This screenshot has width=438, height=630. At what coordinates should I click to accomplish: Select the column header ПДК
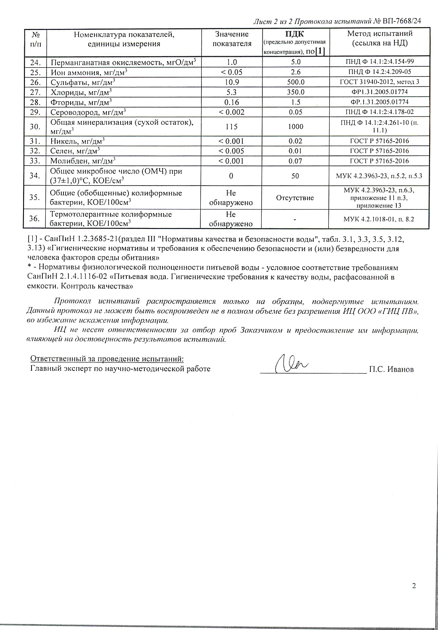295,34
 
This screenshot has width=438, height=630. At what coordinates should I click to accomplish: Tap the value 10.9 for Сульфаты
232,82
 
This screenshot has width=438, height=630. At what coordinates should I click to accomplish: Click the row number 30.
35,126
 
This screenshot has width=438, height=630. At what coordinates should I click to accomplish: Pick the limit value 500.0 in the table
296,82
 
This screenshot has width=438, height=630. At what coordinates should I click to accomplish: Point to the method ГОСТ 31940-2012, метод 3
379,82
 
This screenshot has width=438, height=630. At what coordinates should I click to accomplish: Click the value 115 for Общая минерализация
231,126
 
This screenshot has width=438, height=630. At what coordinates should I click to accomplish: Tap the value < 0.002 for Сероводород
231,112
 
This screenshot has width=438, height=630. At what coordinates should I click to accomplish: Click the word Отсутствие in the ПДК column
295,198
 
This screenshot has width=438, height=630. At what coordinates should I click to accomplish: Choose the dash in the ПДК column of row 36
295,219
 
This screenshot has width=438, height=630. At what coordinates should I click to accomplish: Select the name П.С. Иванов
391,369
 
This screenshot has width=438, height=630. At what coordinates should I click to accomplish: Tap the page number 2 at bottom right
414,586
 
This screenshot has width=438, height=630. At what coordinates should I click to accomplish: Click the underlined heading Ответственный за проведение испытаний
107,359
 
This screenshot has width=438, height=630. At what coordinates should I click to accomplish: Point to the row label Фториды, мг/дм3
81,102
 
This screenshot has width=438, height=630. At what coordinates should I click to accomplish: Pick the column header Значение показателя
232,39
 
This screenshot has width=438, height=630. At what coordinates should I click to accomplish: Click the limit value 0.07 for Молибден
295,161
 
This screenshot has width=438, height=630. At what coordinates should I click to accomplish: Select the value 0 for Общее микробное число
231,176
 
